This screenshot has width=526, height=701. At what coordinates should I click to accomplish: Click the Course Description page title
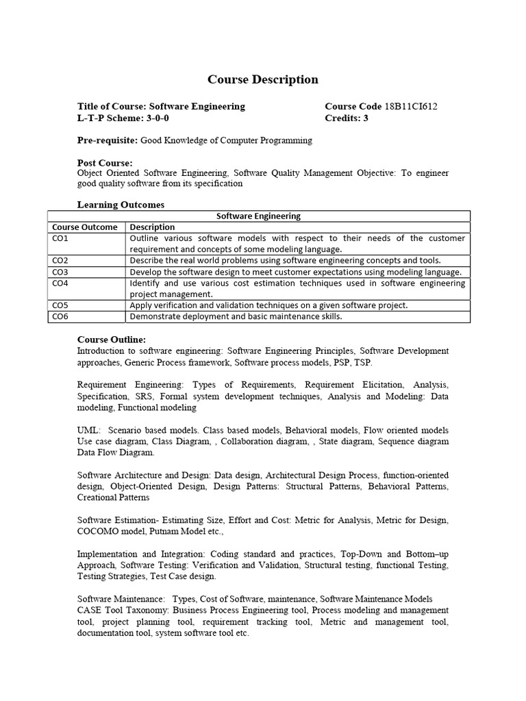pyautogui.click(x=263, y=79)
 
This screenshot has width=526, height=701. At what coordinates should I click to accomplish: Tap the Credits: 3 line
pyautogui.click(x=347, y=118)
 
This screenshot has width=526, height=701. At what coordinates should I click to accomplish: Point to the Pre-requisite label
pyautogui.click(x=108, y=140)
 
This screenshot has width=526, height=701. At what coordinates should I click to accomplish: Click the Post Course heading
pyautogui.click(x=105, y=163)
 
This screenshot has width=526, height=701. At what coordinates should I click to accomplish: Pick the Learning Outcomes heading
pyautogui.click(x=121, y=204)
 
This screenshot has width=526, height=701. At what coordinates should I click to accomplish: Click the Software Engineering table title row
pyautogui.click(x=258, y=216)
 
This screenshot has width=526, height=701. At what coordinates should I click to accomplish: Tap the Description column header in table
pyautogui.click(x=152, y=227)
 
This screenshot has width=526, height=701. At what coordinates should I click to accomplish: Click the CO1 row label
pyautogui.click(x=60, y=238)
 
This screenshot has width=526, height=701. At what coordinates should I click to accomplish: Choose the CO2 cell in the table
pyautogui.click(x=60, y=260)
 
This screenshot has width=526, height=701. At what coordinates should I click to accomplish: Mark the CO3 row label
pyautogui.click(x=60, y=272)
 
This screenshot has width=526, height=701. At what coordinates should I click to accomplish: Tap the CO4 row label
pyautogui.click(x=60, y=283)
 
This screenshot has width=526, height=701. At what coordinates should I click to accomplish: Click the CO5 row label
pyautogui.click(x=60, y=305)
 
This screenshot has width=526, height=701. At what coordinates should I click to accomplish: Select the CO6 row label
pyautogui.click(x=60, y=316)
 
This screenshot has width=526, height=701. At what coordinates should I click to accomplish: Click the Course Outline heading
pyautogui.click(x=111, y=340)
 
